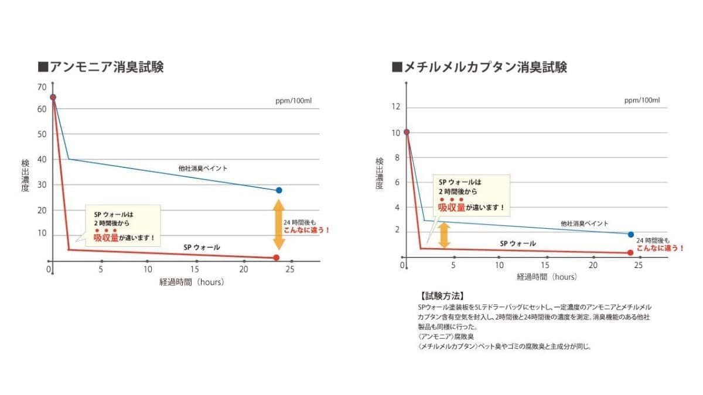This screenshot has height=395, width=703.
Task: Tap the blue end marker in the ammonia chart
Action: coord(279,190)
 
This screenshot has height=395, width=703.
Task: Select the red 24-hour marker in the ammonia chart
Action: coord(277,257)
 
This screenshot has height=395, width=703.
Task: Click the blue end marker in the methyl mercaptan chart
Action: coord(631,234)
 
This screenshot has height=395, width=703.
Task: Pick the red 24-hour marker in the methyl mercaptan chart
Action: coord(630,252)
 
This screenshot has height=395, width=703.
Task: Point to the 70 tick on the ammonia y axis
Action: coord(42,87)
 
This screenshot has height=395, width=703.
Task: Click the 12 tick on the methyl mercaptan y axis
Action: coord(395,107)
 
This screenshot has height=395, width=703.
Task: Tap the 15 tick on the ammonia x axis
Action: coord(195,269)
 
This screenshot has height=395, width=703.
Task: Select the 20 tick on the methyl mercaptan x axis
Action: coord(593,266)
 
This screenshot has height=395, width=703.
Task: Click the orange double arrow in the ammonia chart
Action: coord(279,225)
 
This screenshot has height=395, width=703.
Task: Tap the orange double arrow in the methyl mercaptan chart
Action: coord(444,234)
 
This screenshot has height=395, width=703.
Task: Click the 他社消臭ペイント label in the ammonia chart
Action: coord(203,169)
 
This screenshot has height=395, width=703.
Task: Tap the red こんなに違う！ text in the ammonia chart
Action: coord(307,230)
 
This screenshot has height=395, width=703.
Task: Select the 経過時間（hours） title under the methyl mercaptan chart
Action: coord(547,277)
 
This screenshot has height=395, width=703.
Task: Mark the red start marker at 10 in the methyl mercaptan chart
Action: coord(406,132)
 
